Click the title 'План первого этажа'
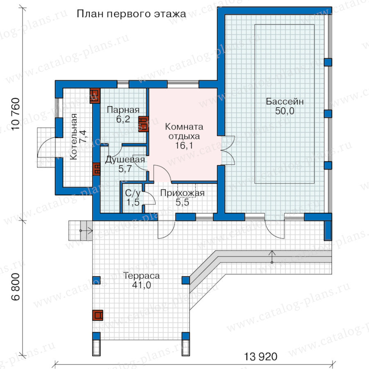131,14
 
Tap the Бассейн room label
285,101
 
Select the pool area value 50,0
285,111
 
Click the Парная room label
123,109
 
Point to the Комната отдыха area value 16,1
184,146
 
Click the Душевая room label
125,159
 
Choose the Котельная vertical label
73,137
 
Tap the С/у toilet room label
133,193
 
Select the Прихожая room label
182,193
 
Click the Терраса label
141,276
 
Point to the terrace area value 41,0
141,285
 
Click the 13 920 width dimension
261,357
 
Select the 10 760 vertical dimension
16,114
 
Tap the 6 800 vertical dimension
16,287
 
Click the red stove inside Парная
143,124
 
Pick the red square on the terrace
98,315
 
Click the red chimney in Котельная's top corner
95,96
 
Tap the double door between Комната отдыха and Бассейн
228,150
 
